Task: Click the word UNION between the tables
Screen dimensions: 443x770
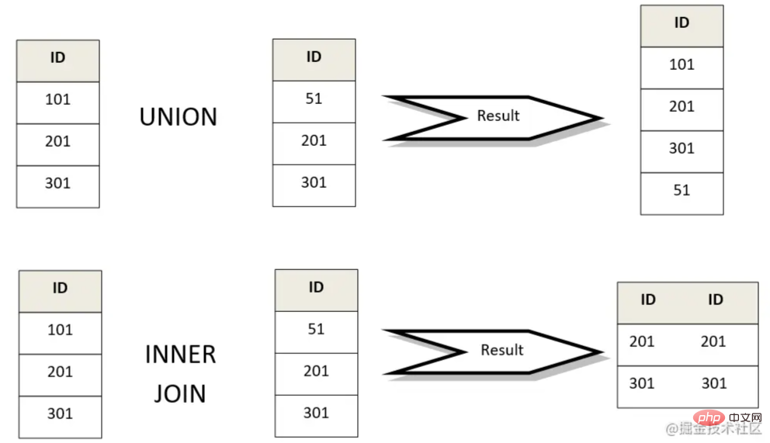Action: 179,117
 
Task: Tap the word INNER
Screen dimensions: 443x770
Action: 180,355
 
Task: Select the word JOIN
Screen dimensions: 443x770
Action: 180,393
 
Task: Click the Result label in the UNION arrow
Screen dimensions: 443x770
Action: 498,116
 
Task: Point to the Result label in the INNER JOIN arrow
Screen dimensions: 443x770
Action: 501,350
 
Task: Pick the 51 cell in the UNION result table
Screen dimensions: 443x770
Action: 682,190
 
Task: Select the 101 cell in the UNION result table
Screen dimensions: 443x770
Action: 682,64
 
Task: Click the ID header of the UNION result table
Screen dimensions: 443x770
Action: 682,23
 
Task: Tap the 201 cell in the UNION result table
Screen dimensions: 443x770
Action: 682,106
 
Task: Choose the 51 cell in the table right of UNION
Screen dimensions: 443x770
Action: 314,99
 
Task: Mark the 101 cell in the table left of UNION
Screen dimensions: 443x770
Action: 57,99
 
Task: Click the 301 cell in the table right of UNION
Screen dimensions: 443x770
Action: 314,182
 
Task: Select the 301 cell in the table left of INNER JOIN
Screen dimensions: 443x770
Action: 60,414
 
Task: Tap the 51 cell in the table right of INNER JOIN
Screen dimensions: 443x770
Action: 316,329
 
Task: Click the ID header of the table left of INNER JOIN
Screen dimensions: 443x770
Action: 60,288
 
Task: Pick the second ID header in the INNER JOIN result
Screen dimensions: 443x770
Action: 715,299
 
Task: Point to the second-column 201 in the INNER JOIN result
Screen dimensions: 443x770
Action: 713,341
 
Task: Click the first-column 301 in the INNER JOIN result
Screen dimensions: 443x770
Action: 642,383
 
